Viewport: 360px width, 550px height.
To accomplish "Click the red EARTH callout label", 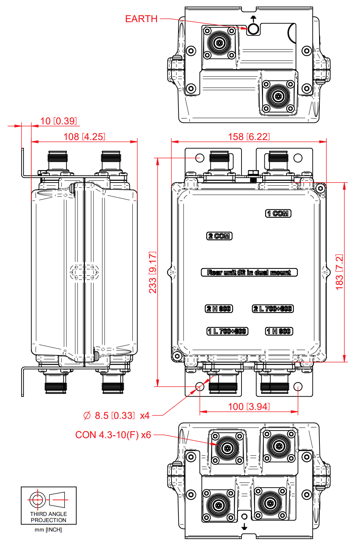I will [141, 19].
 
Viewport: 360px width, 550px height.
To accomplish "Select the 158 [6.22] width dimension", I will [248, 136].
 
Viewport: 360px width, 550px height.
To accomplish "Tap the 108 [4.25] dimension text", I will [84, 136].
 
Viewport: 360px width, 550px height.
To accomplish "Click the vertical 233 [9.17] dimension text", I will [152, 272].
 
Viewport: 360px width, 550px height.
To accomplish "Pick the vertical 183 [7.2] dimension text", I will [339, 272].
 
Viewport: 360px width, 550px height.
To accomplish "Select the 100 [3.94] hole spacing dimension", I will [248, 406].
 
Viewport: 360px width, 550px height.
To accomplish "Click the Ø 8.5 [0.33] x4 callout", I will [116, 415].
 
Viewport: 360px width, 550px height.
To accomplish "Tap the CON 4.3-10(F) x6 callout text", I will [113, 435].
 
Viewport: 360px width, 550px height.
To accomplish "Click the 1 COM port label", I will [278, 213].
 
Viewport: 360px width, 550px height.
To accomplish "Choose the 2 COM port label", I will [219, 236].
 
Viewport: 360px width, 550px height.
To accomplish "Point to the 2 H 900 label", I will [219, 309].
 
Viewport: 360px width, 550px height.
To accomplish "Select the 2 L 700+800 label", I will [273, 309].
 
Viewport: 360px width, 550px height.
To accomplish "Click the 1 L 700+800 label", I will [227, 331].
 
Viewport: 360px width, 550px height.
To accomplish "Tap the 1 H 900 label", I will [279, 331].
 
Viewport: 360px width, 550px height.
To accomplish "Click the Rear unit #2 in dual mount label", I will [249, 272].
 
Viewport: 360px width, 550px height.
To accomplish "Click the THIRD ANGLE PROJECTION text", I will [49, 517].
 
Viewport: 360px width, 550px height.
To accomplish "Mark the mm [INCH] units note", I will [48, 530].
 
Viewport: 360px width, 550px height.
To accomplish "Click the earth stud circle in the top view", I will [253, 29].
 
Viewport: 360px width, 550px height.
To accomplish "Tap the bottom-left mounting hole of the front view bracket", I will [200, 386].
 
